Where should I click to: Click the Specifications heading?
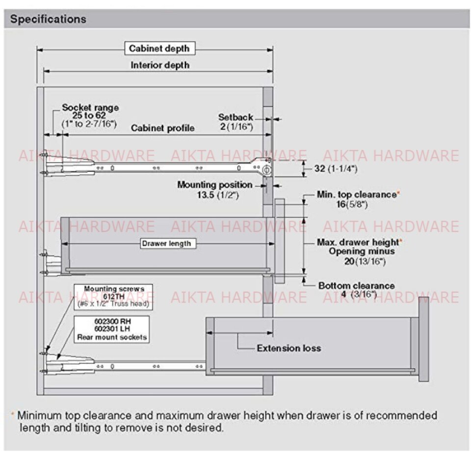tap(49, 19)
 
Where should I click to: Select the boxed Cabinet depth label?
tap(160, 49)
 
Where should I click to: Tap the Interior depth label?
tap(160, 65)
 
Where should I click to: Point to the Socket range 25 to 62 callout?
tap(90, 116)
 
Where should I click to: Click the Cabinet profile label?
tap(162, 128)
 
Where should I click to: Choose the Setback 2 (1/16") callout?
tap(236, 122)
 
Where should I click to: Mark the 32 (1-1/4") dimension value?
tap(336, 169)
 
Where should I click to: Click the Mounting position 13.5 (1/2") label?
tap(215, 189)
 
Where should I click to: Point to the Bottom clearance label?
tap(357, 285)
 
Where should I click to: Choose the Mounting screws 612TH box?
tap(113, 297)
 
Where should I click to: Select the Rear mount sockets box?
tap(112, 329)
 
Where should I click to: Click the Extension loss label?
tap(288, 348)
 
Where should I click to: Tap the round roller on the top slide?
tap(266, 170)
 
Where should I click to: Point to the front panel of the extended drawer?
tap(423, 339)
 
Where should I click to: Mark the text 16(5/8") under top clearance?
tap(352, 204)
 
